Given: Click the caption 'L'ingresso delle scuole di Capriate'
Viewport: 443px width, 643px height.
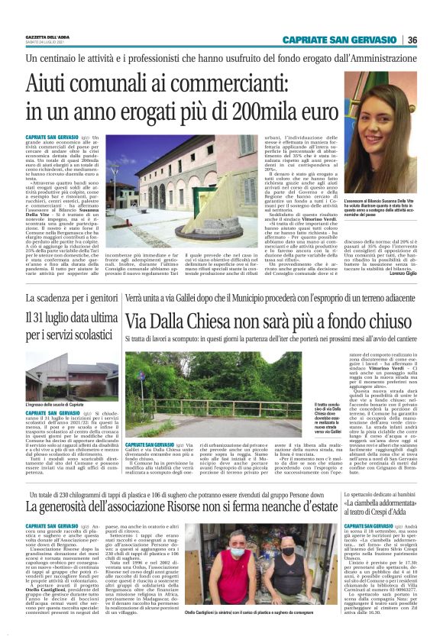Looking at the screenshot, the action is point(54,403).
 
